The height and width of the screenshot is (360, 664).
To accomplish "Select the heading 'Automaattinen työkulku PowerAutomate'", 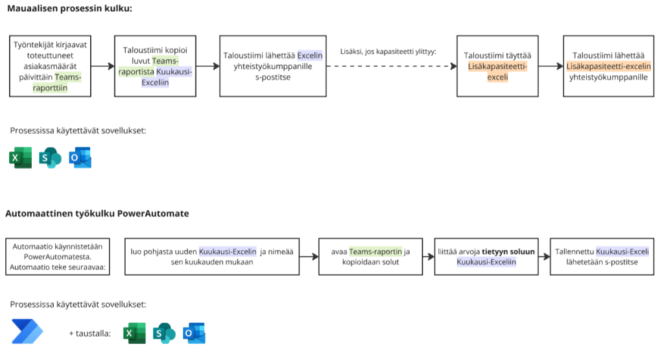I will coord(97,213).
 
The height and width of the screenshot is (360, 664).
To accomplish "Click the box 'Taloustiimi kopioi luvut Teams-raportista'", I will coord(155,66).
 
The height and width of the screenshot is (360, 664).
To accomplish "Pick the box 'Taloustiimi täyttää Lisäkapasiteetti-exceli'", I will coord(497,66).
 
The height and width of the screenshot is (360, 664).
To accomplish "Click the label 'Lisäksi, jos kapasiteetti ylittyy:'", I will coord(388,51).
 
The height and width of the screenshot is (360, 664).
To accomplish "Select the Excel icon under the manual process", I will coord(21,158).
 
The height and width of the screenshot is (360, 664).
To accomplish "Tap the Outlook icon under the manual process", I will coord(80,158).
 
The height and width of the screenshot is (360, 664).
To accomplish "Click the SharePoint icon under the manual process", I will coord(50,158).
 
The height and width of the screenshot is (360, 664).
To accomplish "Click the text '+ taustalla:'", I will coord(89,333).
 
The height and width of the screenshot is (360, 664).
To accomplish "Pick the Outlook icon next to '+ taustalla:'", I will coord(194,333).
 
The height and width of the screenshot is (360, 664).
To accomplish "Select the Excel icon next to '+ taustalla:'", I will coord(135,333).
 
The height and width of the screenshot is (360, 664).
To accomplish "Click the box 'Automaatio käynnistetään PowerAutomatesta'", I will coord(58,256).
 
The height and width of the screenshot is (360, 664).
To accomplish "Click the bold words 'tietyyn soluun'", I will coord(499,251).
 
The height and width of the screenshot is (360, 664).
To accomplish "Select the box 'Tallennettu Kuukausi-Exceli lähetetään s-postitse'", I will coord(600,256).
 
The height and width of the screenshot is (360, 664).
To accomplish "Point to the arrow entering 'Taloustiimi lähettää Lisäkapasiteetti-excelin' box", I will coord(551,66).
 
